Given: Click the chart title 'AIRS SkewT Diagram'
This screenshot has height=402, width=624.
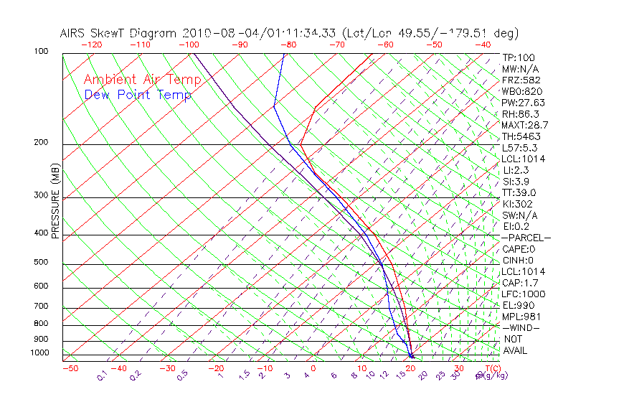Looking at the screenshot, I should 118,34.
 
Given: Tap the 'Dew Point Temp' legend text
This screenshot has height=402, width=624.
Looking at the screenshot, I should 138,95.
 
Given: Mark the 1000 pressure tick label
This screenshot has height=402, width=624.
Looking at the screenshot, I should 40,353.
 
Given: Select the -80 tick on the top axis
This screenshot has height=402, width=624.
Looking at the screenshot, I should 288,45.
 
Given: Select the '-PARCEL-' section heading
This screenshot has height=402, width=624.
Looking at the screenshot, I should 526,238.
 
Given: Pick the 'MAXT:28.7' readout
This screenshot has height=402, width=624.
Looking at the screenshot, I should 523,125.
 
